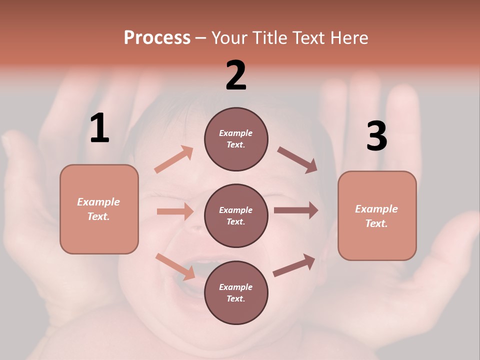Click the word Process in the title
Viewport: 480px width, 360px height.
(x=157, y=38)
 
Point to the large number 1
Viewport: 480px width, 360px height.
(x=99, y=128)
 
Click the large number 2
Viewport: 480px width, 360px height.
(x=236, y=75)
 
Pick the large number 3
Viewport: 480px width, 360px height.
(x=376, y=136)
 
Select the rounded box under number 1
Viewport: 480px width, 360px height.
(x=99, y=209)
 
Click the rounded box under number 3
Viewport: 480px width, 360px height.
(x=377, y=215)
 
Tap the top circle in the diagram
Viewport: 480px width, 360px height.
(x=236, y=139)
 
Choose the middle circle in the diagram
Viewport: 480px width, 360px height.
(x=236, y=215)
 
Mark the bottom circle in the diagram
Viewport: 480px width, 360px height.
(x=236, y=292)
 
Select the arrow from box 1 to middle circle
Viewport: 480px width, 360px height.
(x=175, y=211)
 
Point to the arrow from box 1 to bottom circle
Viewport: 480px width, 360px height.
(x=175, y=266)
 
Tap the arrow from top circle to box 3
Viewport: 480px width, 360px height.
(x=297, y=159)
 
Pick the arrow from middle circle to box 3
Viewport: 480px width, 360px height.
(x=296, y=210)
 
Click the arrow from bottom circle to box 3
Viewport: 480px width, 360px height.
(x=294, y=265)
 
